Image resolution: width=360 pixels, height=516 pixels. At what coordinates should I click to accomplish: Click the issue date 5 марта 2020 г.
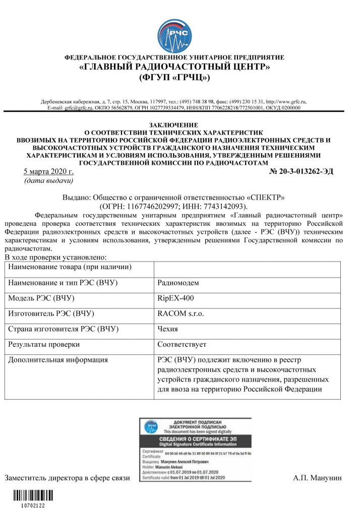coord(49,172)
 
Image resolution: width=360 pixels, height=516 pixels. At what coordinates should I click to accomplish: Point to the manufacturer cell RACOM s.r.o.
coord(181,313)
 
